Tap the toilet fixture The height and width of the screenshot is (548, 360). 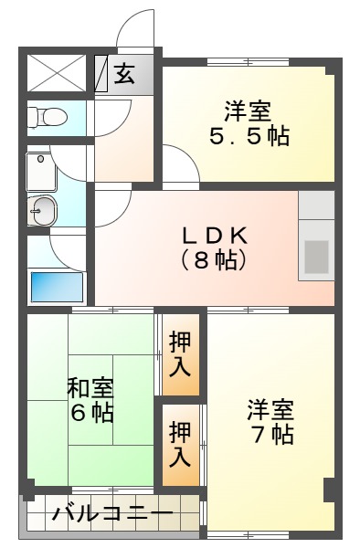point(47,116)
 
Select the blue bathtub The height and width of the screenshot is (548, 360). point(57,285)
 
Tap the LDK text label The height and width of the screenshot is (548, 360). point(220,234)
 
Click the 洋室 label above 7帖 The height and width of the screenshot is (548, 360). point(270,408)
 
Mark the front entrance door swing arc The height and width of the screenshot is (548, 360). point(137,27)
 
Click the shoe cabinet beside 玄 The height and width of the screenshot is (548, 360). point(101,73)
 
